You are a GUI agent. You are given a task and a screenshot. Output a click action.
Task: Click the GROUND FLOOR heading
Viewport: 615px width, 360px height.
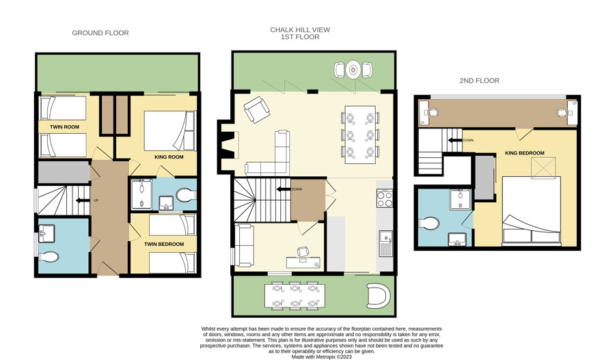pyautogui.click(x=100, y=33)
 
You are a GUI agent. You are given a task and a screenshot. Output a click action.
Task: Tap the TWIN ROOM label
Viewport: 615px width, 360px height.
pyautogui.click(x=64, y=127)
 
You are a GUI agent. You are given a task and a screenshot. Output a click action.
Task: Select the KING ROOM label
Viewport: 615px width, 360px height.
pyautogui.click(x=169, y=157)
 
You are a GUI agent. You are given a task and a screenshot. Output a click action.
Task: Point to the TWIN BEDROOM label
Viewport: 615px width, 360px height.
pyautogui.click(x=164, y=244)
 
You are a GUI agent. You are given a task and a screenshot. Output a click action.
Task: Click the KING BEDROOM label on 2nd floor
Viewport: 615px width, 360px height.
pyautogui.click(x=525, y=153)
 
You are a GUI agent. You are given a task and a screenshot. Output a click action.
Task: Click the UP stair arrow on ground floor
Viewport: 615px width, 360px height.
pyautogui.click(x=83, y=200)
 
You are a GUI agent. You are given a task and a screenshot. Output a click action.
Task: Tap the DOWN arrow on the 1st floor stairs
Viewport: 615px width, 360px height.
pyautogui.click(x=283, y=189)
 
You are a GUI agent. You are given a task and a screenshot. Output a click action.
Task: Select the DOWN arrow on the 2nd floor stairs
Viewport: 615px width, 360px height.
pyautogui.click(x=455, y=140)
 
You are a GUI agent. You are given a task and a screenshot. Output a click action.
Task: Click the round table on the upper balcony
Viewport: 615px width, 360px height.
pyautogui.click(x=353, y=70)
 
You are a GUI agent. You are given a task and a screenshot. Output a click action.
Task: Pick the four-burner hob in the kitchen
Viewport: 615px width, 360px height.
pyautogui.click(x=384, y=198)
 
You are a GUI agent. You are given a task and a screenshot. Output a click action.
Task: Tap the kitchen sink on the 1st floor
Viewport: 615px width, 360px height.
pyautogui.click(x=386, y=243)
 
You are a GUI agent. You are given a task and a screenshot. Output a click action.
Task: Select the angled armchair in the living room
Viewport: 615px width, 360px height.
pyautogui.click(x=256, y=109)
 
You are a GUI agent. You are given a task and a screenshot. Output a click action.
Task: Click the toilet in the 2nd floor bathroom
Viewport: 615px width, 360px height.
pyautogui.click(x=429, y=223)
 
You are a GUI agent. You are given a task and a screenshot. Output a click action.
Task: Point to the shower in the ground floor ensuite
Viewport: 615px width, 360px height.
pyautogui.click(x=141, y=195)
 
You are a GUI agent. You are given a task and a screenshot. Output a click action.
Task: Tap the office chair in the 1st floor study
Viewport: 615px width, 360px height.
pyautogui.click(x=303, y=251)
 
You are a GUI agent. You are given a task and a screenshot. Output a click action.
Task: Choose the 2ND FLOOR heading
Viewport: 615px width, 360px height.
pyautogui.click(x=479, y=81)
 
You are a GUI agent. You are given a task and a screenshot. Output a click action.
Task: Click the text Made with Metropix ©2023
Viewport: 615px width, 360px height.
pyautogui.click(x=322, y=357)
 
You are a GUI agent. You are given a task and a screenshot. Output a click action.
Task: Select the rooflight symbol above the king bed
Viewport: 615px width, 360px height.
pyautogui.click(x=544, y=168)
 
